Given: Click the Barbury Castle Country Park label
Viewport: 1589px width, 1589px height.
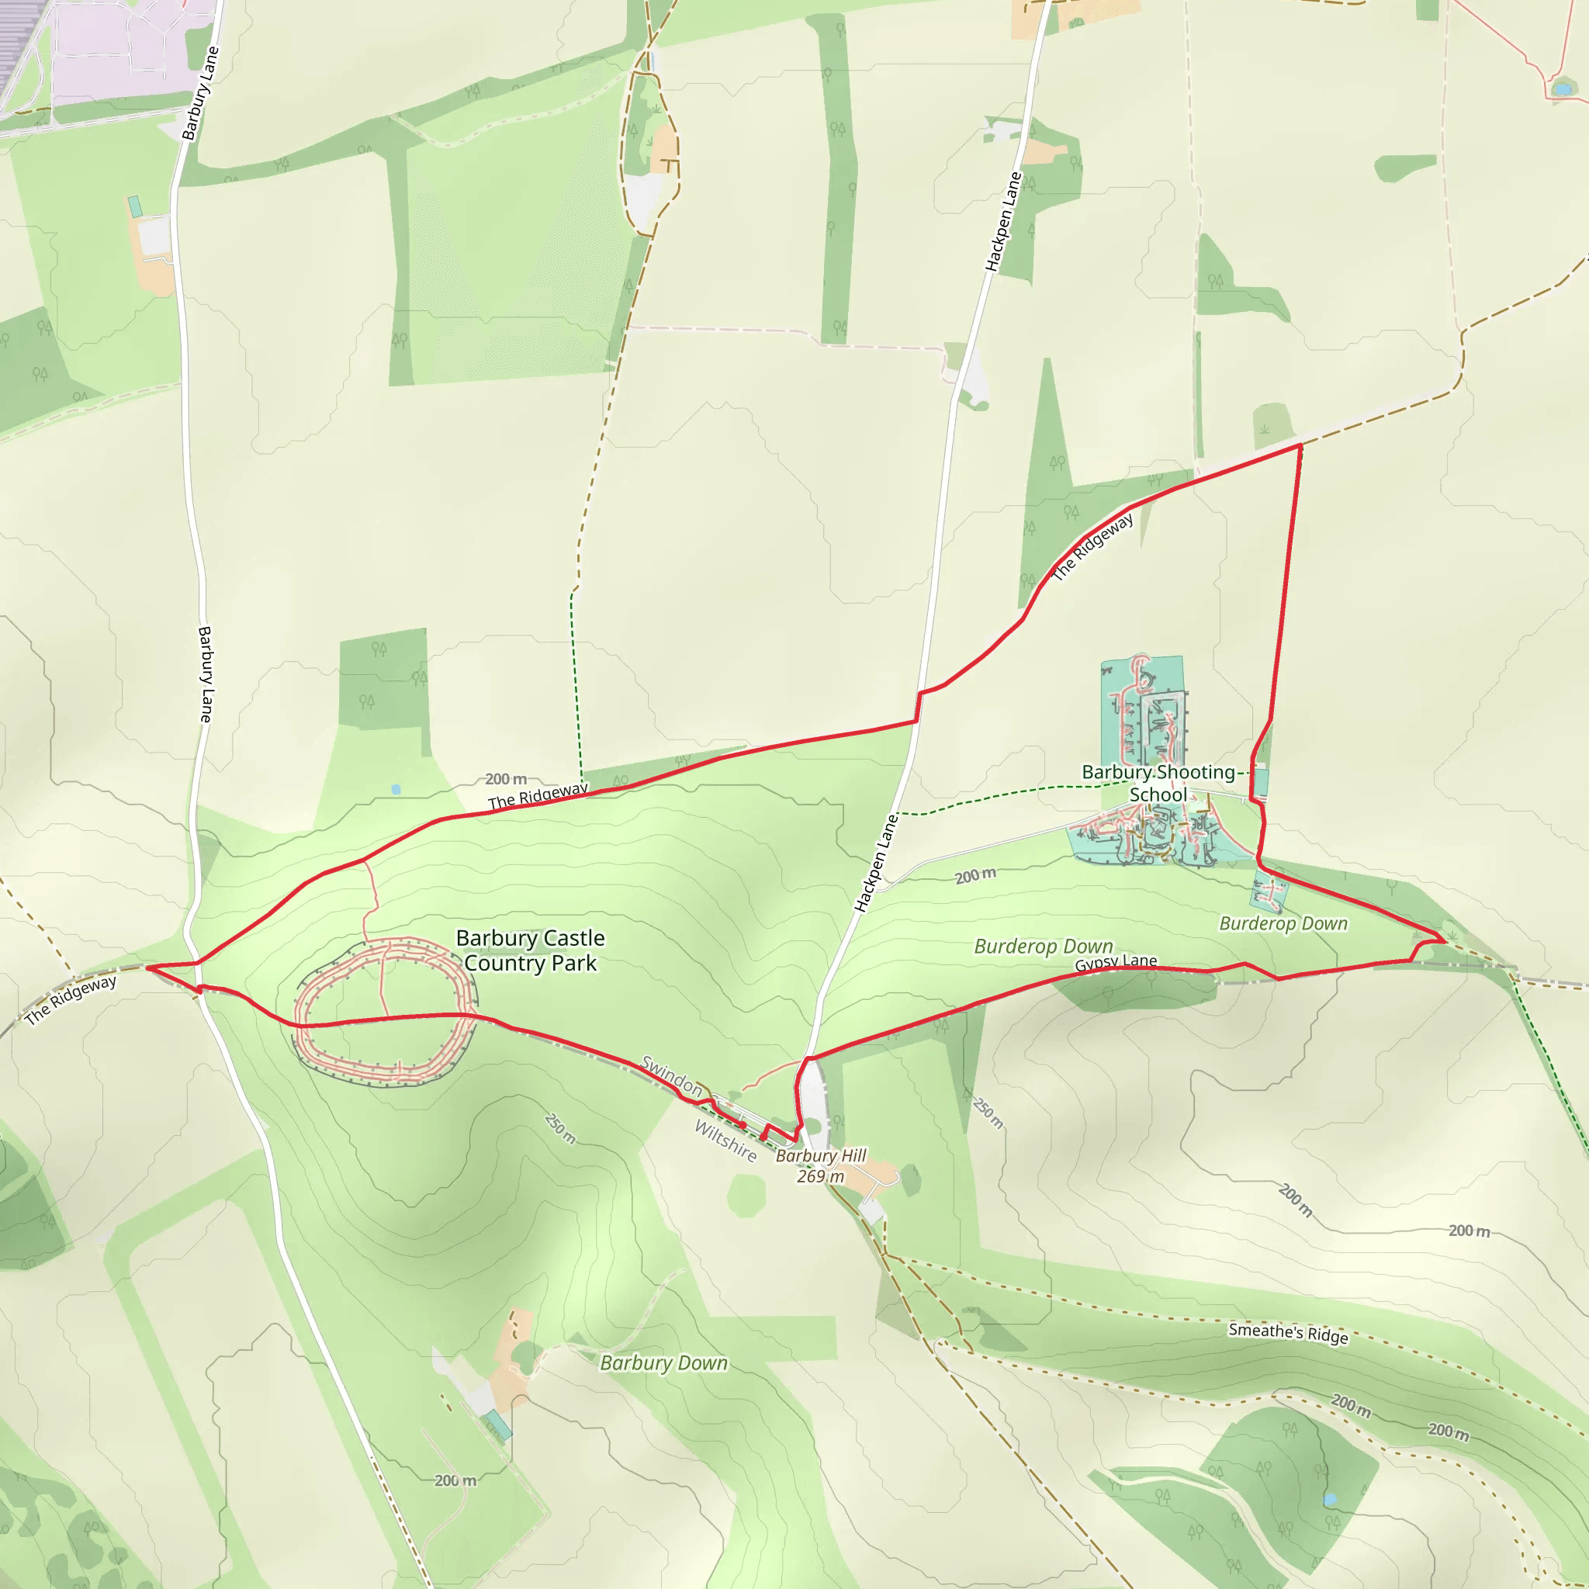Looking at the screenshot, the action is coord(531,950).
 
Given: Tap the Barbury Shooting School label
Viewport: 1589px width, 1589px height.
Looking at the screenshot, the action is coord(1158,783).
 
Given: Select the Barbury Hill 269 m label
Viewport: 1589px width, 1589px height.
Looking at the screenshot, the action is coord(821,1165).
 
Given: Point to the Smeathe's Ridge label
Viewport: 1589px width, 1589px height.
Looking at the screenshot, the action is coord(1288,1333).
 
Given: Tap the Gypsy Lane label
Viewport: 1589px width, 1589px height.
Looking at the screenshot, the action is coord(1115,962).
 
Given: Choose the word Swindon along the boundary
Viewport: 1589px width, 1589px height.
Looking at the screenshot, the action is coord(671,1077).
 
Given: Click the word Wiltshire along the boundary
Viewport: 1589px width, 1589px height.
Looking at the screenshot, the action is coord(725,1141).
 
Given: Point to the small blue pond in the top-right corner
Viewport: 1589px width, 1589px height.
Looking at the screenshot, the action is coord(1560,88).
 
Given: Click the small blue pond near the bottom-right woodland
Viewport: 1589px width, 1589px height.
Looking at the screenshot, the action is coord(1330,1501).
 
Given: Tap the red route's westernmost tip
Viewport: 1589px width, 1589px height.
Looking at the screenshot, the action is coord(148,968).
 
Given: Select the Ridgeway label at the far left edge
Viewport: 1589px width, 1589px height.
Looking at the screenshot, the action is coord(71,1000).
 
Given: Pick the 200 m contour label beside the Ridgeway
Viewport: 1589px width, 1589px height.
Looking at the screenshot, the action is coord(506,779).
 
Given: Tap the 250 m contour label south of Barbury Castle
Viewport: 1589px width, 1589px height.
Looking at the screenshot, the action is coord(560,1128).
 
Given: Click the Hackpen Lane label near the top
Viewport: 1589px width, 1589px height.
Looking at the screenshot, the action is coord(1003,221).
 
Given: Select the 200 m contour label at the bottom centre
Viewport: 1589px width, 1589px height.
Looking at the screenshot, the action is coord(455,1480).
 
